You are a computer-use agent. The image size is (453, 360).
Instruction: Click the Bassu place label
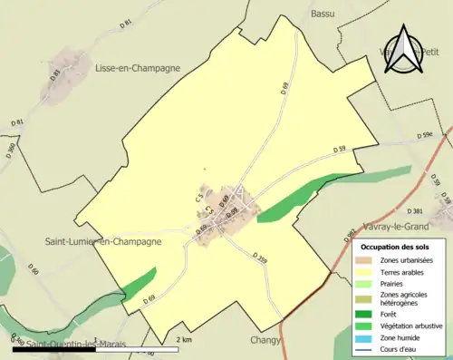pos(323,14)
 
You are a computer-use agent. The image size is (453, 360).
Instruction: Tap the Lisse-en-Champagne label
pos(137,67)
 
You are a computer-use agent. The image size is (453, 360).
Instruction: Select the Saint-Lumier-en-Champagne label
pos(103,241)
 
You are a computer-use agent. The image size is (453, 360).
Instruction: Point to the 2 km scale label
pos(184,340)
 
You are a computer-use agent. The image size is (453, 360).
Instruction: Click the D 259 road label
pos(261,260)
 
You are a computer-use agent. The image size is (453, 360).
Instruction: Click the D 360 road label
pos(11,149)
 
